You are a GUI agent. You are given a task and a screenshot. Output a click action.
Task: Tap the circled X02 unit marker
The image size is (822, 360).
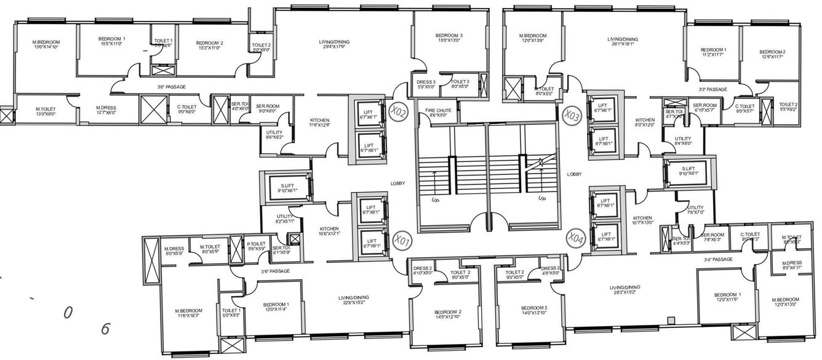click(399, 111)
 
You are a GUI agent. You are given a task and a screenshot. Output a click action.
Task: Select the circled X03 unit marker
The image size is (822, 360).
click(570, 114)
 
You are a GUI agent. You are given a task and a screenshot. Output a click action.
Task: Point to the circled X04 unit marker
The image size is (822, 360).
click(575, 236)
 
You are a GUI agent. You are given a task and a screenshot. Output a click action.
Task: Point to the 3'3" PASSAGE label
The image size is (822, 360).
click(712, 90)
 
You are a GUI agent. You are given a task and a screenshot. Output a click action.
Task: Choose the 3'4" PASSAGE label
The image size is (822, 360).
click(718, 260)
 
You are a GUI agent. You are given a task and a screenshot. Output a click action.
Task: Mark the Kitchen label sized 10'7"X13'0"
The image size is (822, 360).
click(642, 220)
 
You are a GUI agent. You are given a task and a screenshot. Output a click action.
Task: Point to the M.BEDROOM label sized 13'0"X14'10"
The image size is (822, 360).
click(46, 44)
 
